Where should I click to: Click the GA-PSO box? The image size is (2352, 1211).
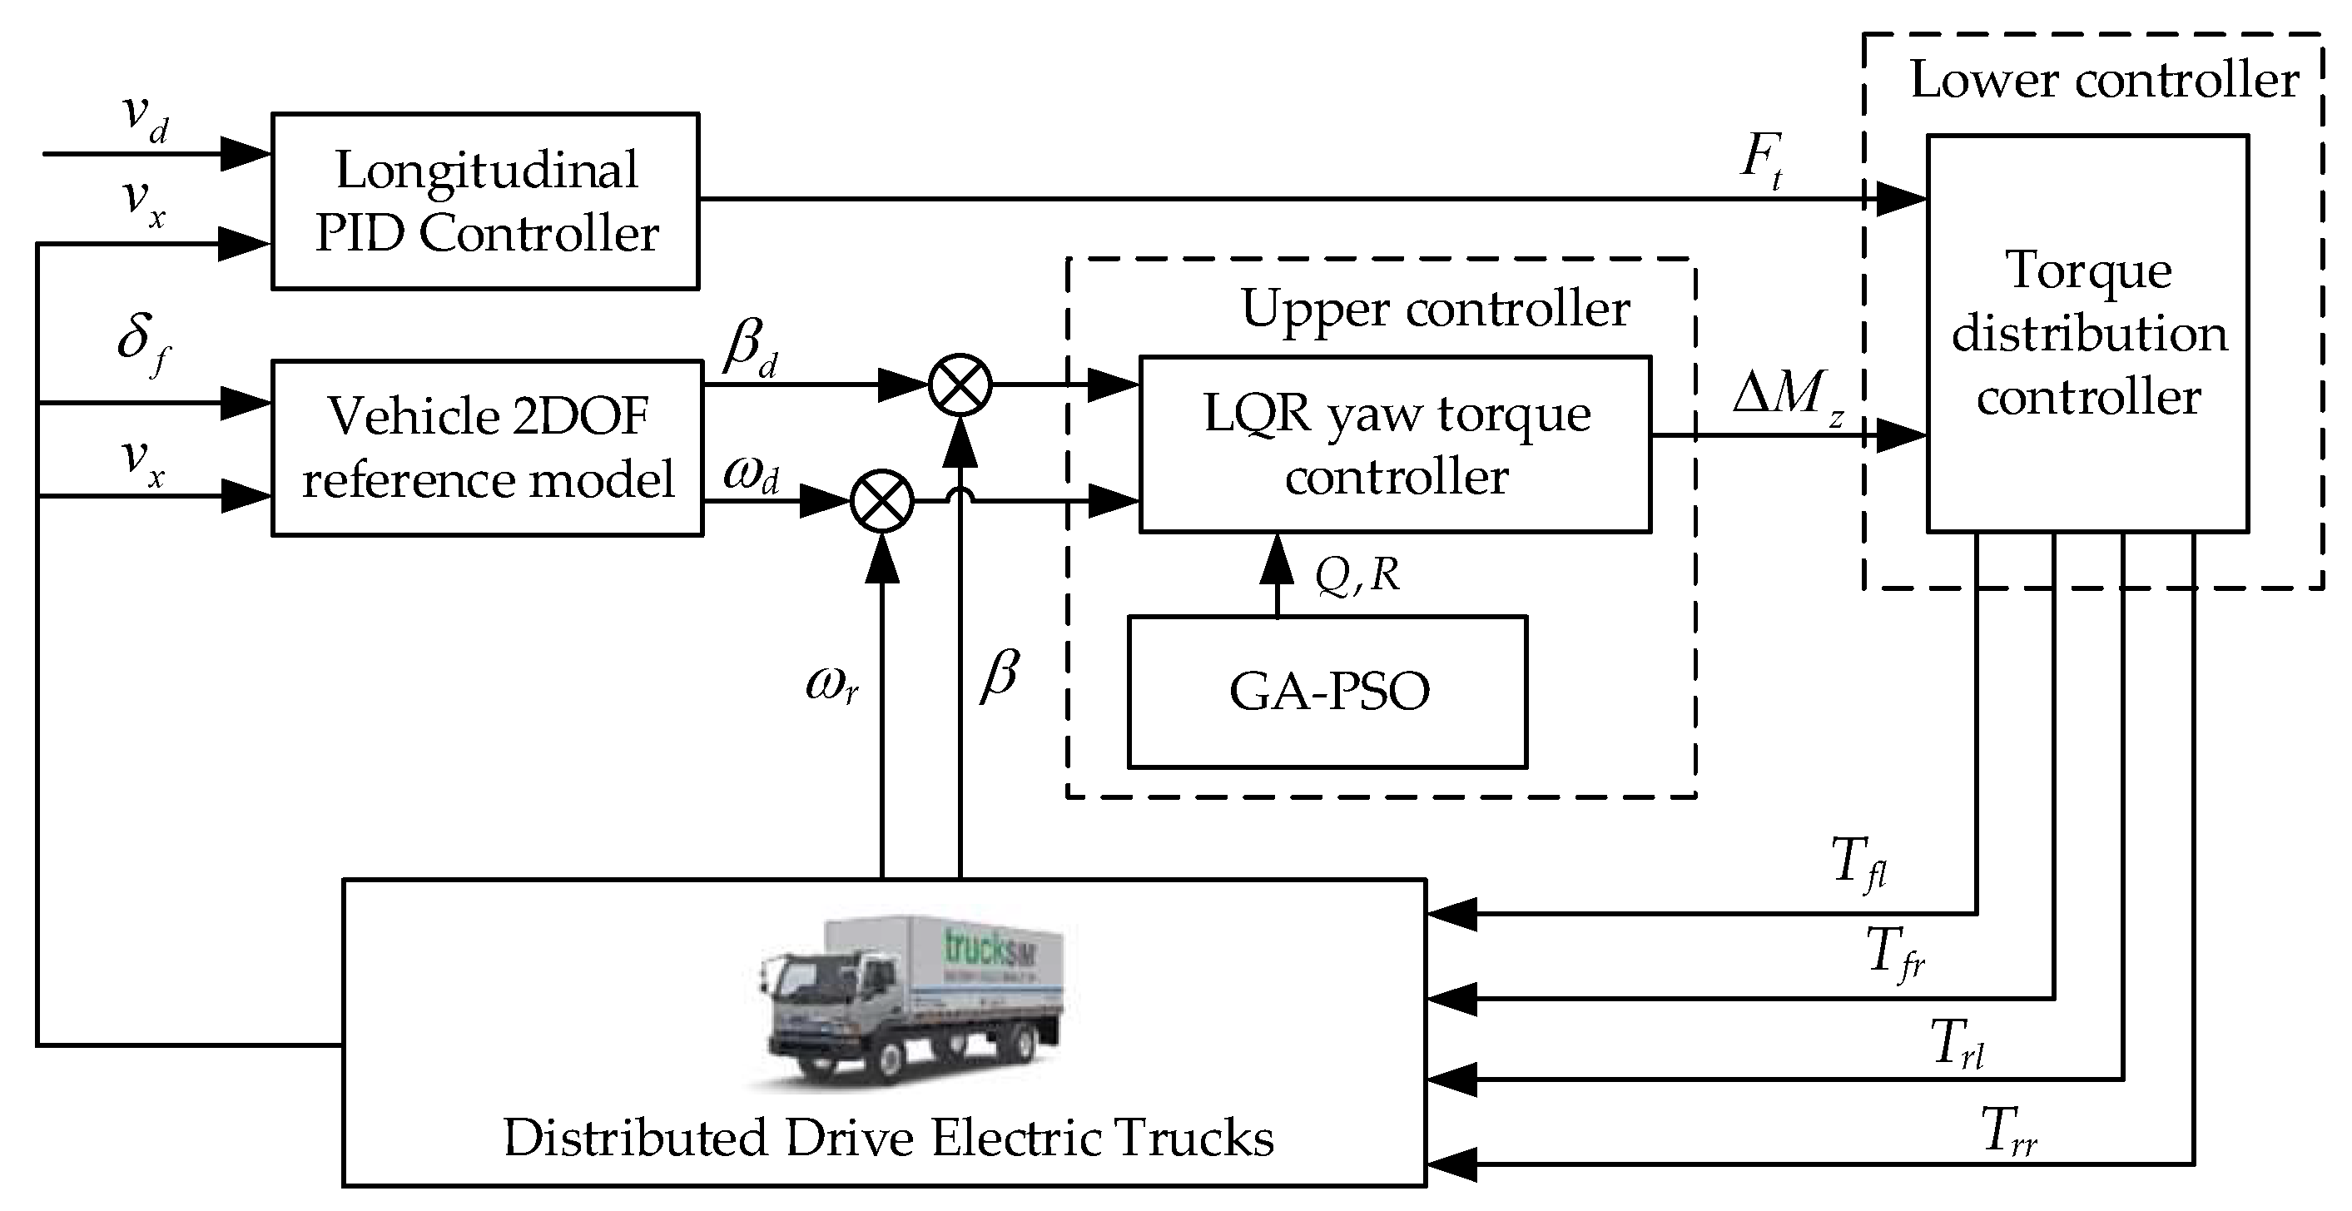[x=1327, y=692]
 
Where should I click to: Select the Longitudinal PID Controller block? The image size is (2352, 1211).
[x=485, y=201]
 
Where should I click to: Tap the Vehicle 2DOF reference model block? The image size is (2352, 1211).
[x=487, y=448]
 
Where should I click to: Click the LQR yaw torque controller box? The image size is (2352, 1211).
[x=1394, y=444]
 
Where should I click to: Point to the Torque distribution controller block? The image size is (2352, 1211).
[x=2087, y=334]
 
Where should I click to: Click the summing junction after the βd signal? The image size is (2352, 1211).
[x=960, y=385]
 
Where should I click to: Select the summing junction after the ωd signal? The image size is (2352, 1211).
[x=882, y=500]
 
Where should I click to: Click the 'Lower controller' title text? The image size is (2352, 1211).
[x=2104, y=81]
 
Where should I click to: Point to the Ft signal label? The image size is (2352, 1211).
[x=1761, y=161]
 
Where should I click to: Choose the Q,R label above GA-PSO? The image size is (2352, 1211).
[x=1357, y=574]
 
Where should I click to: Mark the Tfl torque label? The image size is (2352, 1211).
[x=1858, y=862]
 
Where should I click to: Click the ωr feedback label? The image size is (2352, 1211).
[x=831, y=683]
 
